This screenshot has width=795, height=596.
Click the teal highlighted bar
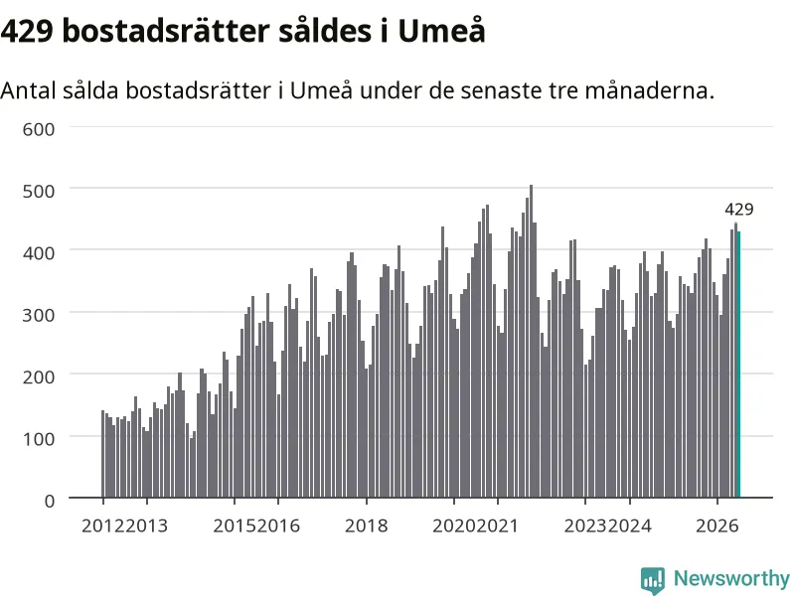tap(738, 365)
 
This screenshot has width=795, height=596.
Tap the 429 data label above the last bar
tap(738, 210)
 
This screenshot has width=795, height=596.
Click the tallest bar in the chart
tap(531, 341)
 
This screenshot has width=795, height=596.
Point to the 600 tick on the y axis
tap(39, 129)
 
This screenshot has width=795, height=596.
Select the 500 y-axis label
tap(39, 192)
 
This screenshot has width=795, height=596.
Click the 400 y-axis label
tap(39, 253)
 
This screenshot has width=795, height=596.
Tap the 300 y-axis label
tap(39, 315)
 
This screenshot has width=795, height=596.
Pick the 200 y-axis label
tap(39, 377)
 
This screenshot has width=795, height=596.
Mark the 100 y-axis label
tap(39, 439)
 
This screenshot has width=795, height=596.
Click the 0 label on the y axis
tap(49, 502)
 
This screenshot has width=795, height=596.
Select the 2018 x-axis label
tap(366, 526)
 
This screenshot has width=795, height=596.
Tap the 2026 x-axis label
tap(716, 526)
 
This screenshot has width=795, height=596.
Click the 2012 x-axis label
tap(103, 526)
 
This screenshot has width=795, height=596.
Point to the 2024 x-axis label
tap(630, 526)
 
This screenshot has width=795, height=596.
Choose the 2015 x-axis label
tap(235, 526)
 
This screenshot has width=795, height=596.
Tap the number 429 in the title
tap(27, 32)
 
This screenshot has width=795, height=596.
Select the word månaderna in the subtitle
tap(650, 90)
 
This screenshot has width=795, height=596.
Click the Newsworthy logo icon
tap(653, 580)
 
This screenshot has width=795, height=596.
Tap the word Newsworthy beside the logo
tap(731, 579)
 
